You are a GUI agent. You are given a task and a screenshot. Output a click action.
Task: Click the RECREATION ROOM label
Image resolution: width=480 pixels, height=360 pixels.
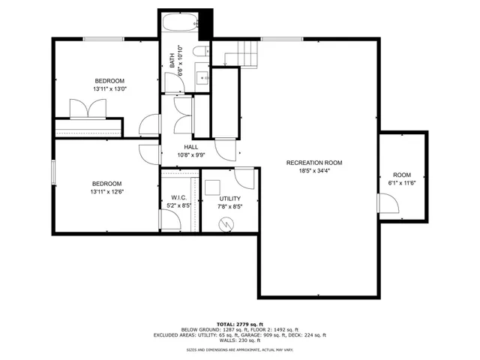point(313,163)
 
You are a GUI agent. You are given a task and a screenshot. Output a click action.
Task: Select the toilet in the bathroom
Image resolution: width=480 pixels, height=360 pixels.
point(199,51)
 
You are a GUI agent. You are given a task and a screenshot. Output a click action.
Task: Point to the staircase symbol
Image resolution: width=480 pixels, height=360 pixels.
point(244,54)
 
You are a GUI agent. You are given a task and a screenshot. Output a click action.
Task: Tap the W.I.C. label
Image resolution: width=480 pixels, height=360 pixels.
point(178,199)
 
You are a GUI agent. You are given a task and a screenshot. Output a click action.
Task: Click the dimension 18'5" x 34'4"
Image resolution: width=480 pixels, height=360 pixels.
point(313,171)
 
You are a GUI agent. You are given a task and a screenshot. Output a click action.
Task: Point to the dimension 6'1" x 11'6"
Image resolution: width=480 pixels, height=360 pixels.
point(402,182)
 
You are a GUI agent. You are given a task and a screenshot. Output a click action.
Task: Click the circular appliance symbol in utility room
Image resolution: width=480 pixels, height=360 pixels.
point(225,223)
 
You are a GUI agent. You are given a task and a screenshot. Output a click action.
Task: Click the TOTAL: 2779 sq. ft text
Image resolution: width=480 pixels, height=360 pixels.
point(239,323)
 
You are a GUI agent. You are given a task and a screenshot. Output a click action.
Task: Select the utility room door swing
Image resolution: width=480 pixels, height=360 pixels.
point(244,178)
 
